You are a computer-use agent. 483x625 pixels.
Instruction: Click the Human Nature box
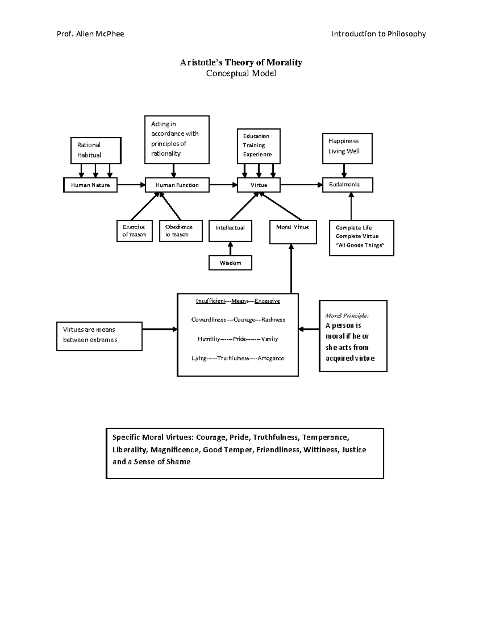point(90,185)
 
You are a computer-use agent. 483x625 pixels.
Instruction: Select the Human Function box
point(177,185)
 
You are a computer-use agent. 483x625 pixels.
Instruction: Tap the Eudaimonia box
point(347,185)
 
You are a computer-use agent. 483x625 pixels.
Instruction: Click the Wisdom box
point(230,263)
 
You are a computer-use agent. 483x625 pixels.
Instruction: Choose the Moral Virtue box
point(293,232)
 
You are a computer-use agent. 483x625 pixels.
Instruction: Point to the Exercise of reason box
point(134,231)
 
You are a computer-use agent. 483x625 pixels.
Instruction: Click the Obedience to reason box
point(181,231)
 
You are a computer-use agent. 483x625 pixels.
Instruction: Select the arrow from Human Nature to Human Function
point(131,185)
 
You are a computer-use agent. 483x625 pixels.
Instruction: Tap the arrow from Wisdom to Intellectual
point(230,248)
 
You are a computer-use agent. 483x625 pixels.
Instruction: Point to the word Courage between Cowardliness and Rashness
point(244,320)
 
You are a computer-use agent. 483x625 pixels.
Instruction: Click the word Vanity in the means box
point(269,339)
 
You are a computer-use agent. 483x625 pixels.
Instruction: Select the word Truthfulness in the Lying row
point(233,359)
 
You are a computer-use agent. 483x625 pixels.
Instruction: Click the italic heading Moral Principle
point(347,316)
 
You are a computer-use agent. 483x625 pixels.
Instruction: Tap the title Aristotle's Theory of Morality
point(241,62)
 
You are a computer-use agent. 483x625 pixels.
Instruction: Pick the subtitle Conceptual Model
point(241,73)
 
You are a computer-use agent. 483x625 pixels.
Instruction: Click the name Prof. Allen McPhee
point(90,34)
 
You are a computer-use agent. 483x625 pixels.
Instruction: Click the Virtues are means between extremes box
point(99,336)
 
